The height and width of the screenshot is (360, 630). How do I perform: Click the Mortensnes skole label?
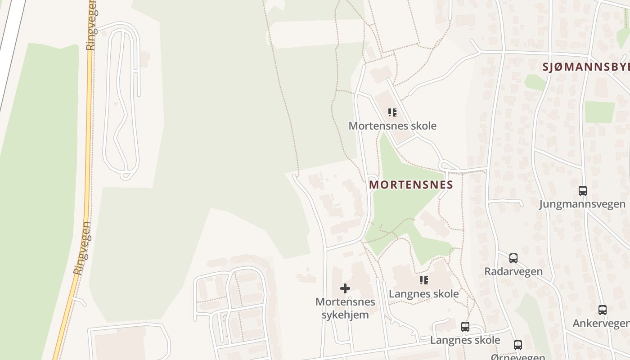point(392,126)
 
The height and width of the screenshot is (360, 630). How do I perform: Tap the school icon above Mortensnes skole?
point(392,112)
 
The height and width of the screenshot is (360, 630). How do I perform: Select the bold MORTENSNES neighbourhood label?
point(411,185)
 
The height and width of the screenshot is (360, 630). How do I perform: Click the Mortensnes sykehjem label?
point(345,308)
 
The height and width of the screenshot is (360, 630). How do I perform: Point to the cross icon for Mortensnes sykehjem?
point(345,288)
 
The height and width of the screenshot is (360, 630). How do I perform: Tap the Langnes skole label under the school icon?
point(424,294)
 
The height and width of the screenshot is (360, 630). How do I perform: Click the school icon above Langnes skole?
point(424,280)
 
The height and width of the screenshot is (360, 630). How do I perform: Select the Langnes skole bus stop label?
point(465,340)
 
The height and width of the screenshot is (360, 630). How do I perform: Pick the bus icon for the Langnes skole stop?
point(465,327)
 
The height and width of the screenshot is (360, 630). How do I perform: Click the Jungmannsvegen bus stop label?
point(582,204)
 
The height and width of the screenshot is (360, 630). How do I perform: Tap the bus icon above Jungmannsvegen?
point(583,190)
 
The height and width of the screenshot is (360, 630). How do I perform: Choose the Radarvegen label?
point(513,271)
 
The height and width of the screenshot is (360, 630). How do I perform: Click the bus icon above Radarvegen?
point(513,258)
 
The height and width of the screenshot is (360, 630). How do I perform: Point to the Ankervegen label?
point(601,323)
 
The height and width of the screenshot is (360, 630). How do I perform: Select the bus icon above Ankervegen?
point(603,310)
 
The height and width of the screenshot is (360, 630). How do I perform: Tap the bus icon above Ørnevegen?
point(518,345)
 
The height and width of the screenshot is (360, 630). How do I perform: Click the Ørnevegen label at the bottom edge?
point(518,357)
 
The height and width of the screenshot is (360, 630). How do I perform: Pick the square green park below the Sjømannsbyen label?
point(599,112)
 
